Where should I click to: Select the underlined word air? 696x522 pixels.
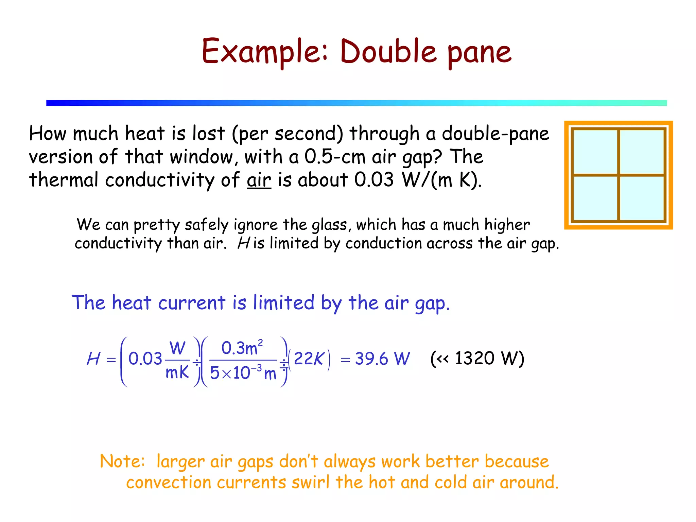tap(259, 180)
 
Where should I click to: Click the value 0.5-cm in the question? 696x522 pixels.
tap(334, 157)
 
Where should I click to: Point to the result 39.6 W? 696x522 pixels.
tap(382, 359)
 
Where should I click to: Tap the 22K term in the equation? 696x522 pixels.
tap(309, 359)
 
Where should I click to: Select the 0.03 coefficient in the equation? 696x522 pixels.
tap(145, 359)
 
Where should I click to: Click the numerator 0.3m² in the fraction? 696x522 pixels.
tap(242, 348)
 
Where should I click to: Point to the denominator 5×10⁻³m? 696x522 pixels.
tap(243, 373)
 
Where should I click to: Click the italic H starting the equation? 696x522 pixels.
tap(93, 359)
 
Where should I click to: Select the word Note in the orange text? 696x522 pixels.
tap(122, 462)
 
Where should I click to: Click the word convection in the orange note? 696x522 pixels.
tap(169, 483)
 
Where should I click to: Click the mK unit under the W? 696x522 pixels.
tap(177, 372)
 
